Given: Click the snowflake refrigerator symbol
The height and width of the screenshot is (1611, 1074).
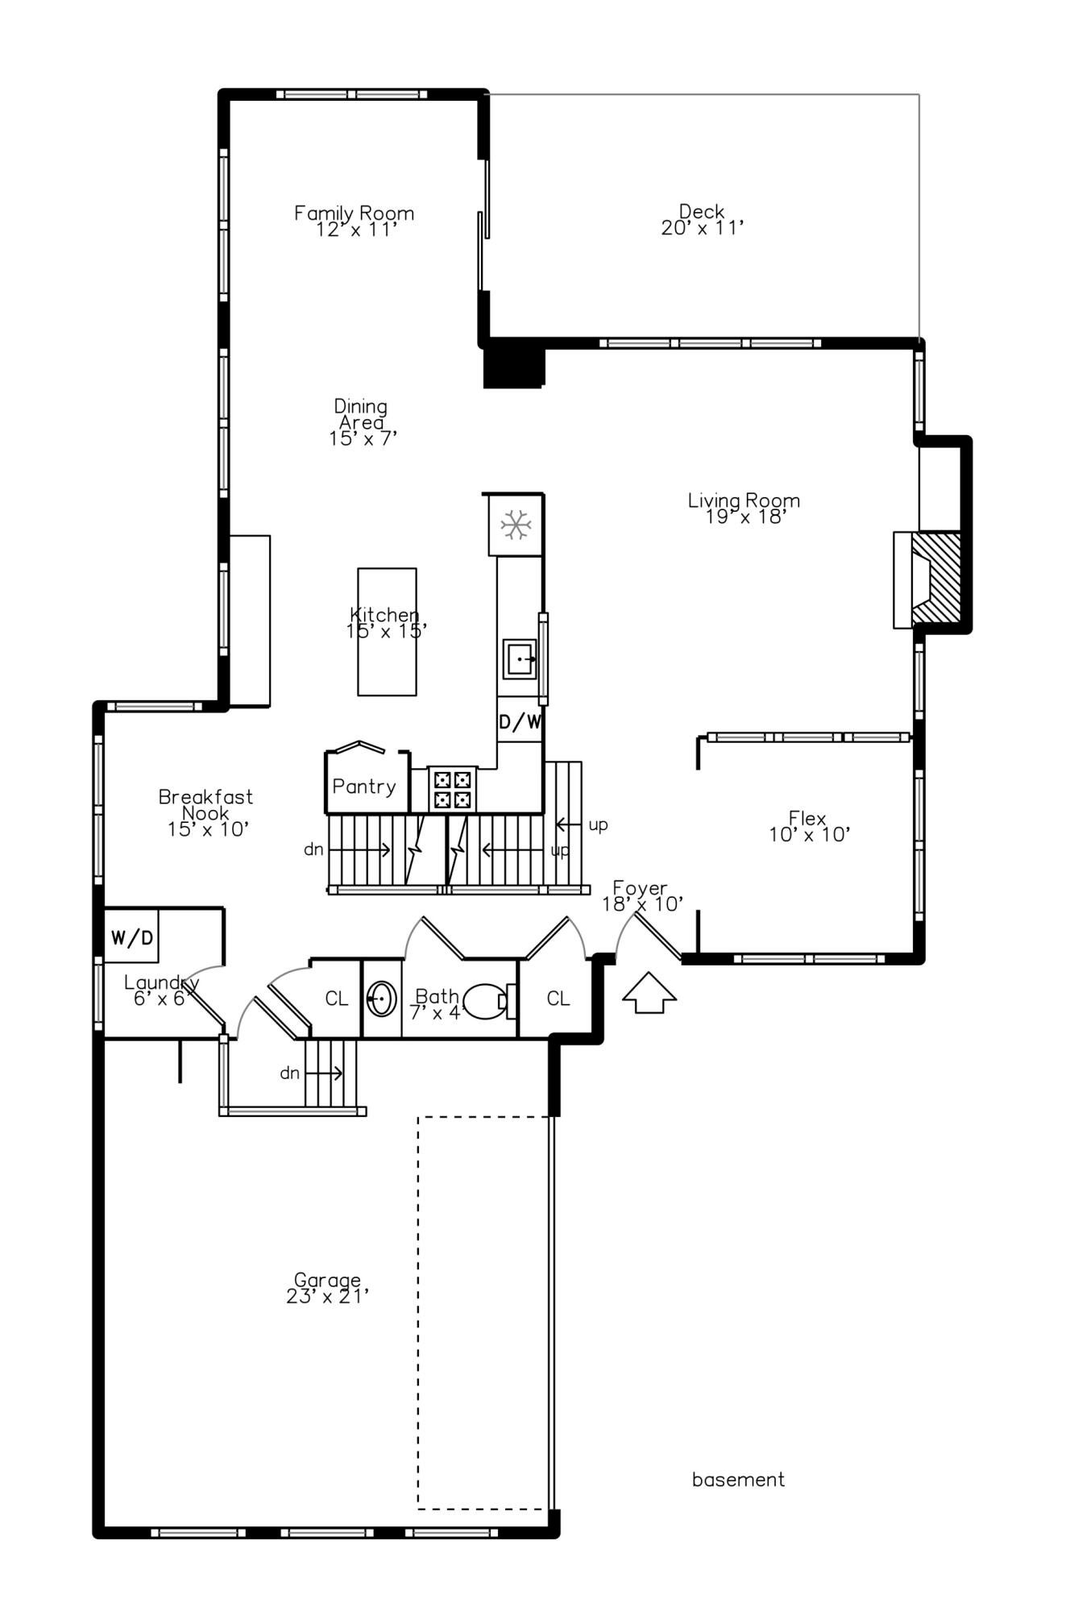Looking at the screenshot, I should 516,525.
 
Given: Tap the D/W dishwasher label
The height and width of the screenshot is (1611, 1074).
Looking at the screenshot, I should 520,722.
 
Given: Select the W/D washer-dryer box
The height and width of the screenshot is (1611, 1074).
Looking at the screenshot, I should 131,937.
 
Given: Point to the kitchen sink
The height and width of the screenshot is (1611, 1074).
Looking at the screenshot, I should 520,659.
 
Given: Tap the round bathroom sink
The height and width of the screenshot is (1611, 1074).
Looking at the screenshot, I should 381,1000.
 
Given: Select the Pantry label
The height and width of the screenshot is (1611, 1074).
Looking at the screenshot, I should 364,787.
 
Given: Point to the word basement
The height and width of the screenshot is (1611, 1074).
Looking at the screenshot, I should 738,1480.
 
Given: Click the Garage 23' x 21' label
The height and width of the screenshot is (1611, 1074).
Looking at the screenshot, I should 327,1288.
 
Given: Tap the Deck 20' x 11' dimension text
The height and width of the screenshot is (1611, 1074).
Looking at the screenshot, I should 702,228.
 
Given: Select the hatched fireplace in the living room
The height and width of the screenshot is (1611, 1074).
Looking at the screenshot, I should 936,579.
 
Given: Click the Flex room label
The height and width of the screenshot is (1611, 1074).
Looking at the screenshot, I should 809,827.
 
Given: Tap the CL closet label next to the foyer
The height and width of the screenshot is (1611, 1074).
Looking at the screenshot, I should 558,999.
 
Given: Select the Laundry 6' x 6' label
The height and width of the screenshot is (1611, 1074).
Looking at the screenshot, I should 162,990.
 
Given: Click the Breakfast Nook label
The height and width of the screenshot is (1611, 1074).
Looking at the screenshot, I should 206,812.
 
